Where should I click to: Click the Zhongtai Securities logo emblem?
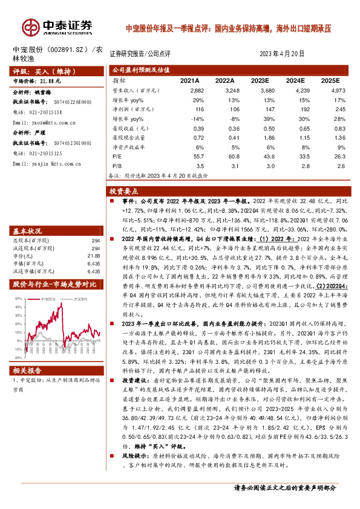point(30,27)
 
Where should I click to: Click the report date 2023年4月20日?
point(283,54)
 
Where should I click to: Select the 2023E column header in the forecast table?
point(260,80)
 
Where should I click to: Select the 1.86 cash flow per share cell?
point(261,137)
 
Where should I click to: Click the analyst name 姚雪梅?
point(44,92)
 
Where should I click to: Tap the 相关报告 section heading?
point(27,371)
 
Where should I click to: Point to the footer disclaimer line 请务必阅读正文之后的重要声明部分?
point(284,487)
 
